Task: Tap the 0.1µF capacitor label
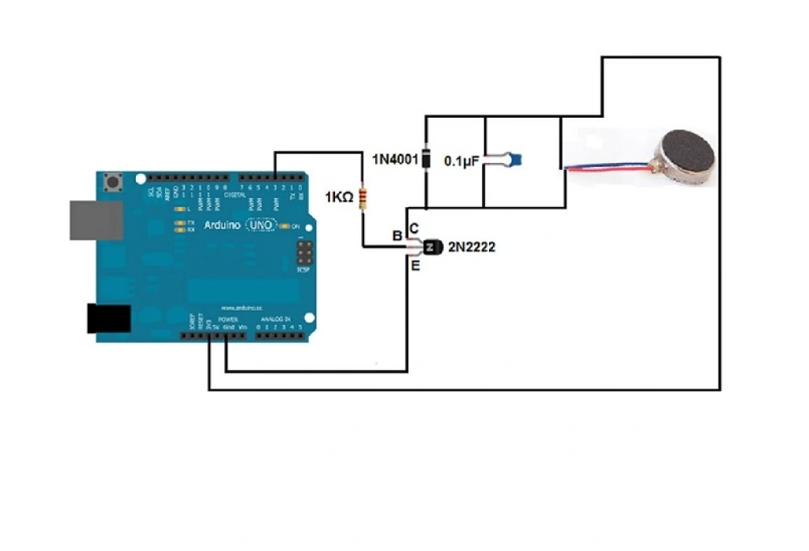(x=461, y=160)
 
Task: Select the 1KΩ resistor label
(x=338, y=198)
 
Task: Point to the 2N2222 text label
(x=472, y=247)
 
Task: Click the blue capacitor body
(x=514, y=160)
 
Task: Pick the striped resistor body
(x=363, y=198)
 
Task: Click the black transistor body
(x=431, y=247)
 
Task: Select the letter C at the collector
(x=414, y=228)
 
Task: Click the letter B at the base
(x=397, y=236)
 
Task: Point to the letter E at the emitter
(x=414, y=266)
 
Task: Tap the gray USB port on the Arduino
(x=96, y=220)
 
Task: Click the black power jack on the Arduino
(x=107, y=318)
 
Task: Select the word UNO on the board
(x=261, y=225)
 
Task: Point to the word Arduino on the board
(x=222, y=225)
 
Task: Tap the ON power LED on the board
(x=295, y=227)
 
